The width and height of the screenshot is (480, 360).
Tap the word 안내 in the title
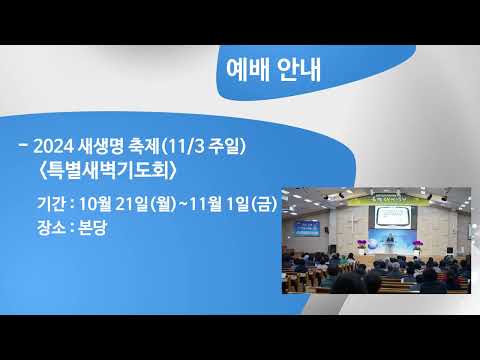tap(299, 70)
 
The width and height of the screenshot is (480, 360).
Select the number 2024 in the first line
tap(53, 147)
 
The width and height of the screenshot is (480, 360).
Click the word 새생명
tap(101, 147)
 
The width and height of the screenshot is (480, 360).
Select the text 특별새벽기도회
tap(107, 172)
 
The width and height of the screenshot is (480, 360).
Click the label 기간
tap(51, 203)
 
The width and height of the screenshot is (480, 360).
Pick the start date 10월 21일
tap(113, 204)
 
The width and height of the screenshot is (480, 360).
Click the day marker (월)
tap(163, 204)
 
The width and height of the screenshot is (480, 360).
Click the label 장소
tap(51, 228)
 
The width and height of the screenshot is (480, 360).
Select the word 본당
tap(92, 228)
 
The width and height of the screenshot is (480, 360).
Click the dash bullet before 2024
tap(24, 146)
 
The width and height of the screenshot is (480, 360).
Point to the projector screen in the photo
tap(393, 217)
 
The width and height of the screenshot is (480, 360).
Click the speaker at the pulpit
tap(388, 243)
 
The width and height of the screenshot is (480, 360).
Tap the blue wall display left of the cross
tap(307, 229)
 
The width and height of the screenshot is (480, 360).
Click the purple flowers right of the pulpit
tap(417, 245)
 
